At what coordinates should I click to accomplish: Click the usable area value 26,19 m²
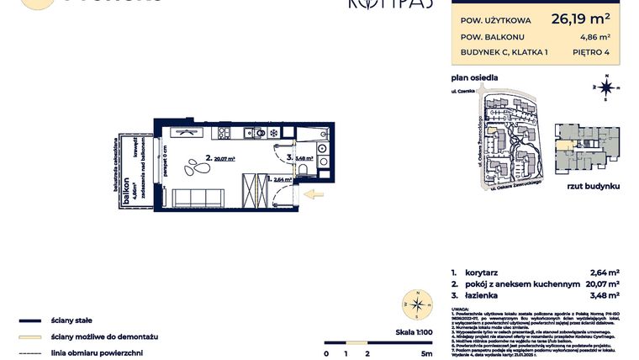(580, 17)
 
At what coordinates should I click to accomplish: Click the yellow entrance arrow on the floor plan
(312, 196)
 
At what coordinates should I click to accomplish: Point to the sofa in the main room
(198, 199)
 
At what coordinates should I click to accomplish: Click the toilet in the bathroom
(302, 171)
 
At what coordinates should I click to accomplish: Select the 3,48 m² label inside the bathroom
(304, 156)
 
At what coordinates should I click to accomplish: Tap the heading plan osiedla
(474, 77)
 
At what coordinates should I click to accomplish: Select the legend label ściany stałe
(71, 320)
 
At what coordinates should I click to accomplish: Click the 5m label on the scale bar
(427, 353)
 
